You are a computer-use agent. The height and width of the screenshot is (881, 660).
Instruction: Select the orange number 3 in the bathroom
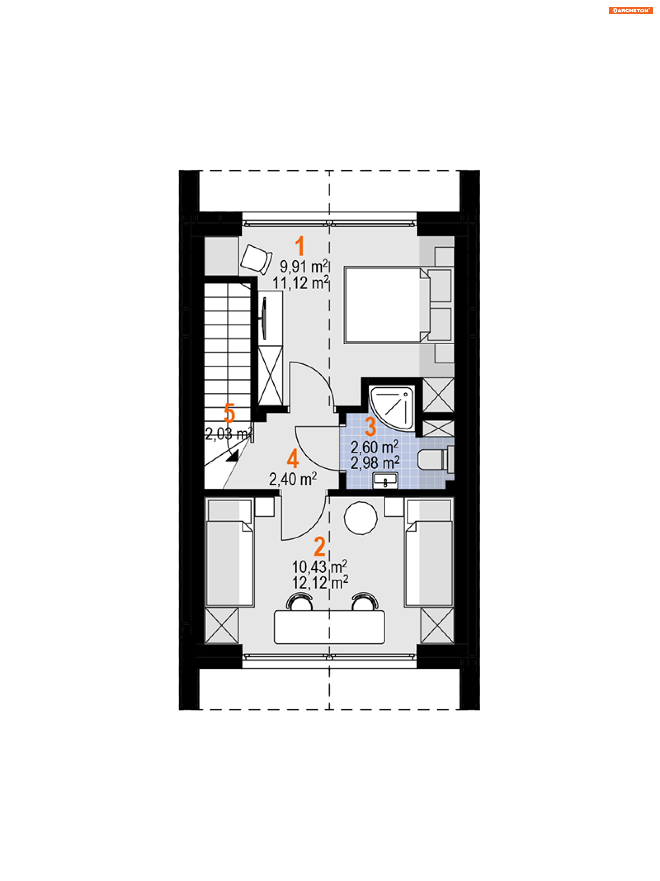click(371, 427)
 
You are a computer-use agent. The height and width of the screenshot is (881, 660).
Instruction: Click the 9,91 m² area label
click(303, 266)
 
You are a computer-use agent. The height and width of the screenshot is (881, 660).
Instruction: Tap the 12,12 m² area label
click(320, 582)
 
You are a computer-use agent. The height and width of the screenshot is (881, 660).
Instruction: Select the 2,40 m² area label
click(293, 479)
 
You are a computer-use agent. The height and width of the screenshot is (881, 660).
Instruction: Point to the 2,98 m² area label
click(375, 463)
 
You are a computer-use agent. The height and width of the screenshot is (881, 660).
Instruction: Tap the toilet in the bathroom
click(436, 460)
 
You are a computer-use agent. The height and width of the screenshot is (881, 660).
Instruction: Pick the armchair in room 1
click(256, 259)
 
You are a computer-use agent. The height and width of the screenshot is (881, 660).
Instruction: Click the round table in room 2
click(360, 518)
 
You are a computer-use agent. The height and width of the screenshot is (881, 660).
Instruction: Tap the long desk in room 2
click(329, 627)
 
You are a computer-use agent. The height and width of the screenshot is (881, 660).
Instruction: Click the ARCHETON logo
click(630, 11)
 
